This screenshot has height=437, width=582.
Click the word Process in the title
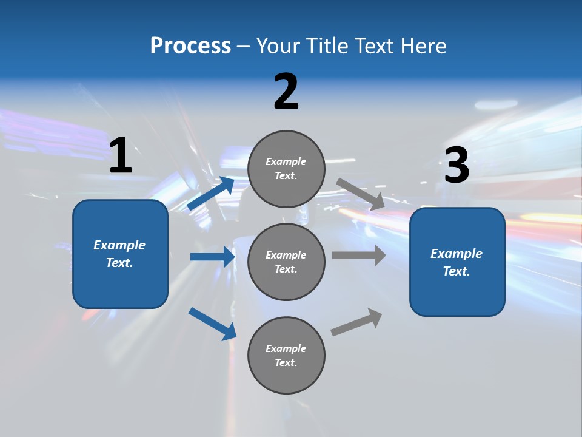[x=190, y=46]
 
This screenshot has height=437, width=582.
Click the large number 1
[x=121, y=156]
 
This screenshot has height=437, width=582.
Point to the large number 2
[x=286, y=92]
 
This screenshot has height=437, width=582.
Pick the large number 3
[x=457, y=165]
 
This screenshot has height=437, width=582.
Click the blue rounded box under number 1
[x=120, y=254]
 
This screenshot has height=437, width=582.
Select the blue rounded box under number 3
[x=457, y=262]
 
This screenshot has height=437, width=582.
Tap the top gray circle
[x=286, y=169]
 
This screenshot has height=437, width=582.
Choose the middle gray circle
[x=286, y=262]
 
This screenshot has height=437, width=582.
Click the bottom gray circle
[x=286, y=355]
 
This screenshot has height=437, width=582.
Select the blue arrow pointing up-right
[x=211, y=194]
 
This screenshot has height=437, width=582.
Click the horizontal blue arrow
[x=212, y=257]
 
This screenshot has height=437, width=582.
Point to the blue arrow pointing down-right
[x=212, y=324]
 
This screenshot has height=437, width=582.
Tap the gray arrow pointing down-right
[x=361, y=194]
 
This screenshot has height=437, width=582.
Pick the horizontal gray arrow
[x=359, y=256]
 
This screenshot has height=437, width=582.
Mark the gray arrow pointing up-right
[x=356, y=322]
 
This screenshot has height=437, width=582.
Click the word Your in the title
[x=276, y=46]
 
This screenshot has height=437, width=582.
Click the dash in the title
[x=244, y=47]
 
